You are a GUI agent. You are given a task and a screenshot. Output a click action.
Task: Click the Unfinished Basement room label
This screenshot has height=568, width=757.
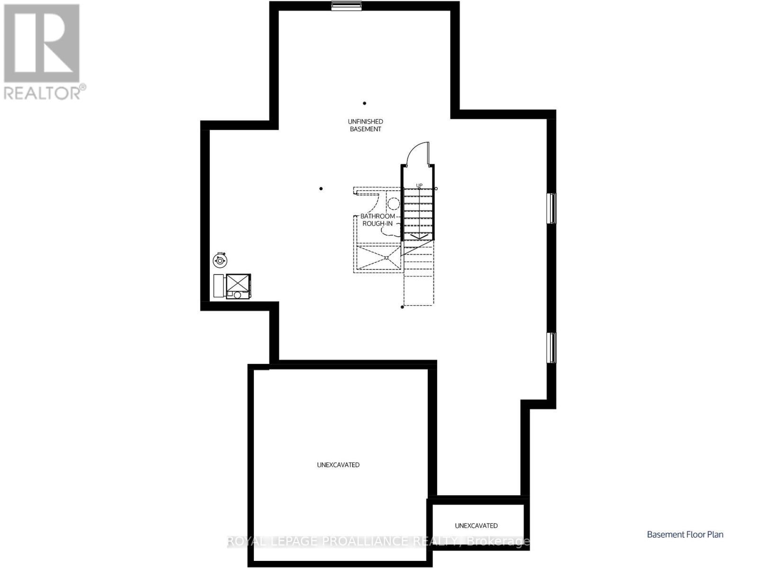click(x=365, y=125)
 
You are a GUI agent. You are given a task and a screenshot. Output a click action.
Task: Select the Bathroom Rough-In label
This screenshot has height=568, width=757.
click(x=378, y=220)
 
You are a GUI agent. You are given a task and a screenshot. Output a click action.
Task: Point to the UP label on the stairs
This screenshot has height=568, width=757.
click(x=419, y=185)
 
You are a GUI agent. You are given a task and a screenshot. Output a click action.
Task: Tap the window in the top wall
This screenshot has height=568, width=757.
click(x=346, y=6)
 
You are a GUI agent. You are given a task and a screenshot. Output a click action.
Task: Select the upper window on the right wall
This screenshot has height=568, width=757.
click(x=552, y=208)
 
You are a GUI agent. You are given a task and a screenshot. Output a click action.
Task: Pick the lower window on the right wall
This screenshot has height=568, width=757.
click(x=552, y=347)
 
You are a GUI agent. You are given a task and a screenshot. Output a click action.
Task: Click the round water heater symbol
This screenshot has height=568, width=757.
click(x=220, y=260)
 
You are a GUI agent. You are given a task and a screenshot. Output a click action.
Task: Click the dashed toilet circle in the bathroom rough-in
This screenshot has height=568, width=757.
click(x=393, y=204)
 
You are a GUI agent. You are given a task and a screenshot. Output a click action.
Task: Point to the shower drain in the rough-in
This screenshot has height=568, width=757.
click(x=387, y=257)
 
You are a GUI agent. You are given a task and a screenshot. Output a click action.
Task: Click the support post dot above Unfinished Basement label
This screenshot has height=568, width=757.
click(x=365, y=103)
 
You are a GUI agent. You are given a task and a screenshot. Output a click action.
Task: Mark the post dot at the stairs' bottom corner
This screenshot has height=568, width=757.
click(x=403, y=307)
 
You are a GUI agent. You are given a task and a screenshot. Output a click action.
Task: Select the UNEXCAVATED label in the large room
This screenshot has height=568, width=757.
click(x=338, y=465)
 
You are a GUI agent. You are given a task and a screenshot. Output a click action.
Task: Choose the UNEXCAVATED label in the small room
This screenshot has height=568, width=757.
click(x=476, y=525)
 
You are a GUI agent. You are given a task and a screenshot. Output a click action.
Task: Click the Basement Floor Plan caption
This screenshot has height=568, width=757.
click(x=685, y=534)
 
